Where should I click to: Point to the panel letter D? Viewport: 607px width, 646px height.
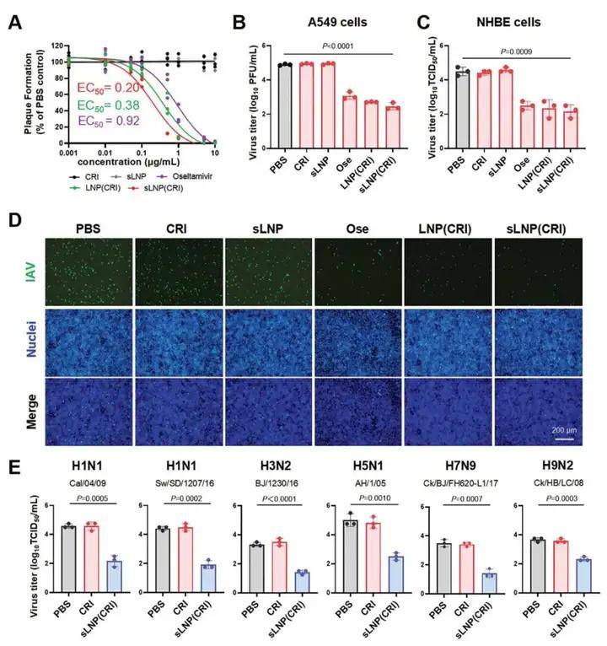15,222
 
